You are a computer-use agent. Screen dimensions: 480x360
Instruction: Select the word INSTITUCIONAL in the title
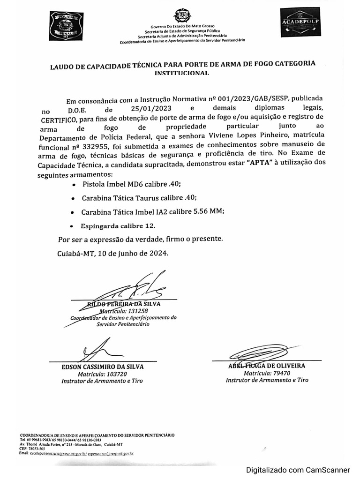click(182, 74)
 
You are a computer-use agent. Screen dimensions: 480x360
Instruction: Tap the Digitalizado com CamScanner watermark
click(299, 470)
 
